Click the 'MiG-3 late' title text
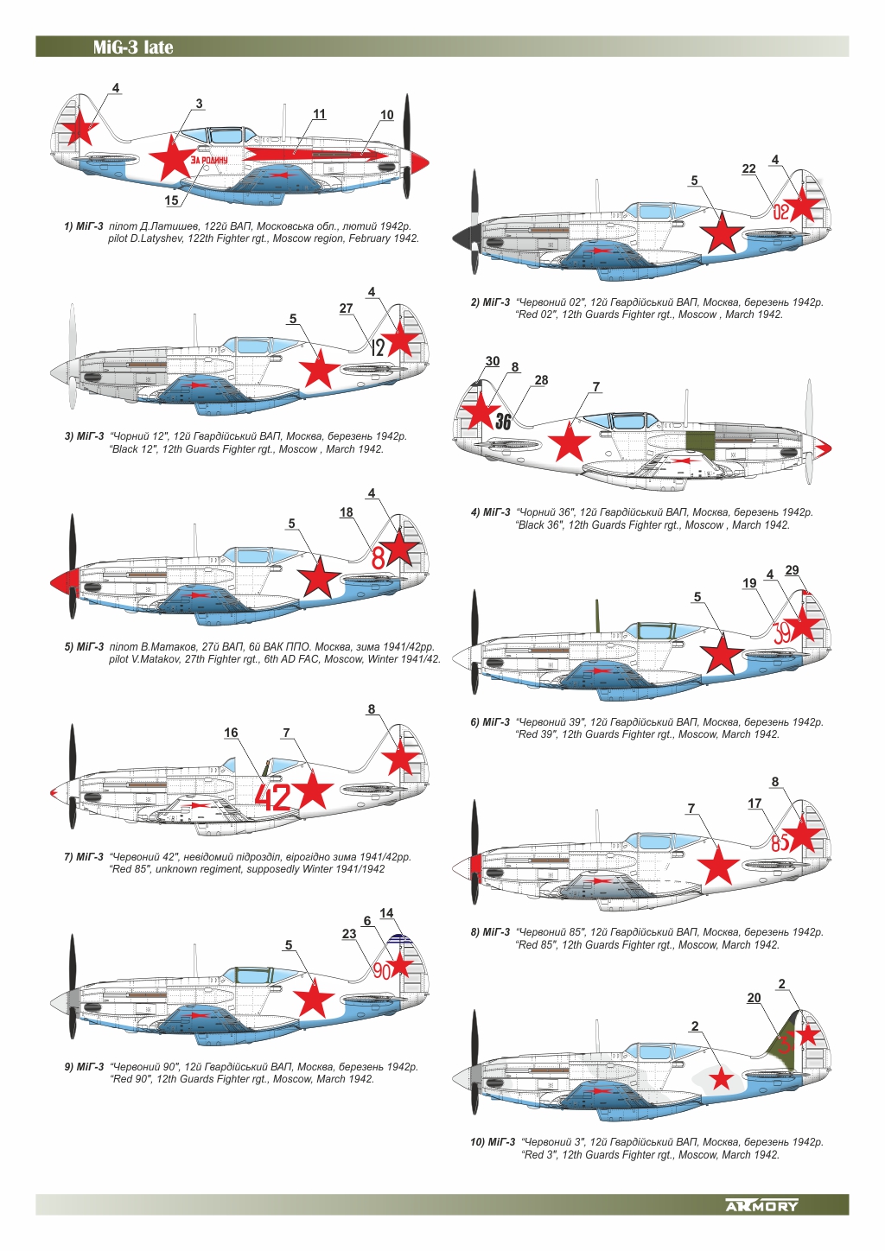tap(133, 48)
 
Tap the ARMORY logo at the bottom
tap(761, 1205)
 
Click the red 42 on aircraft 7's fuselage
tap(273, 797)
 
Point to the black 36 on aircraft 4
tap(503, 422)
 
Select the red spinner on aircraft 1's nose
tap(419, 161)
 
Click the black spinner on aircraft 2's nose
tap(461, 236)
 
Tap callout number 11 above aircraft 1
tap(319, 114)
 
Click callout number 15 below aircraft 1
tap(171, 200)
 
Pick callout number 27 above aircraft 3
tap(346, 308)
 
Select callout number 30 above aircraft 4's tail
tap(492, 361)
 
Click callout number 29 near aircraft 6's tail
tap(792, 570)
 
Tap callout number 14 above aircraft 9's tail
tap(386, 913)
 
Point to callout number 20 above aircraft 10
tap(754, 998)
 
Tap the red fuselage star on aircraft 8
tap(718, 865)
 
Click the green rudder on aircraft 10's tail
tap(787, 1037)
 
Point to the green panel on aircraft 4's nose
tap(703, 441)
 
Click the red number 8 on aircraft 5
tap(378, 558)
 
